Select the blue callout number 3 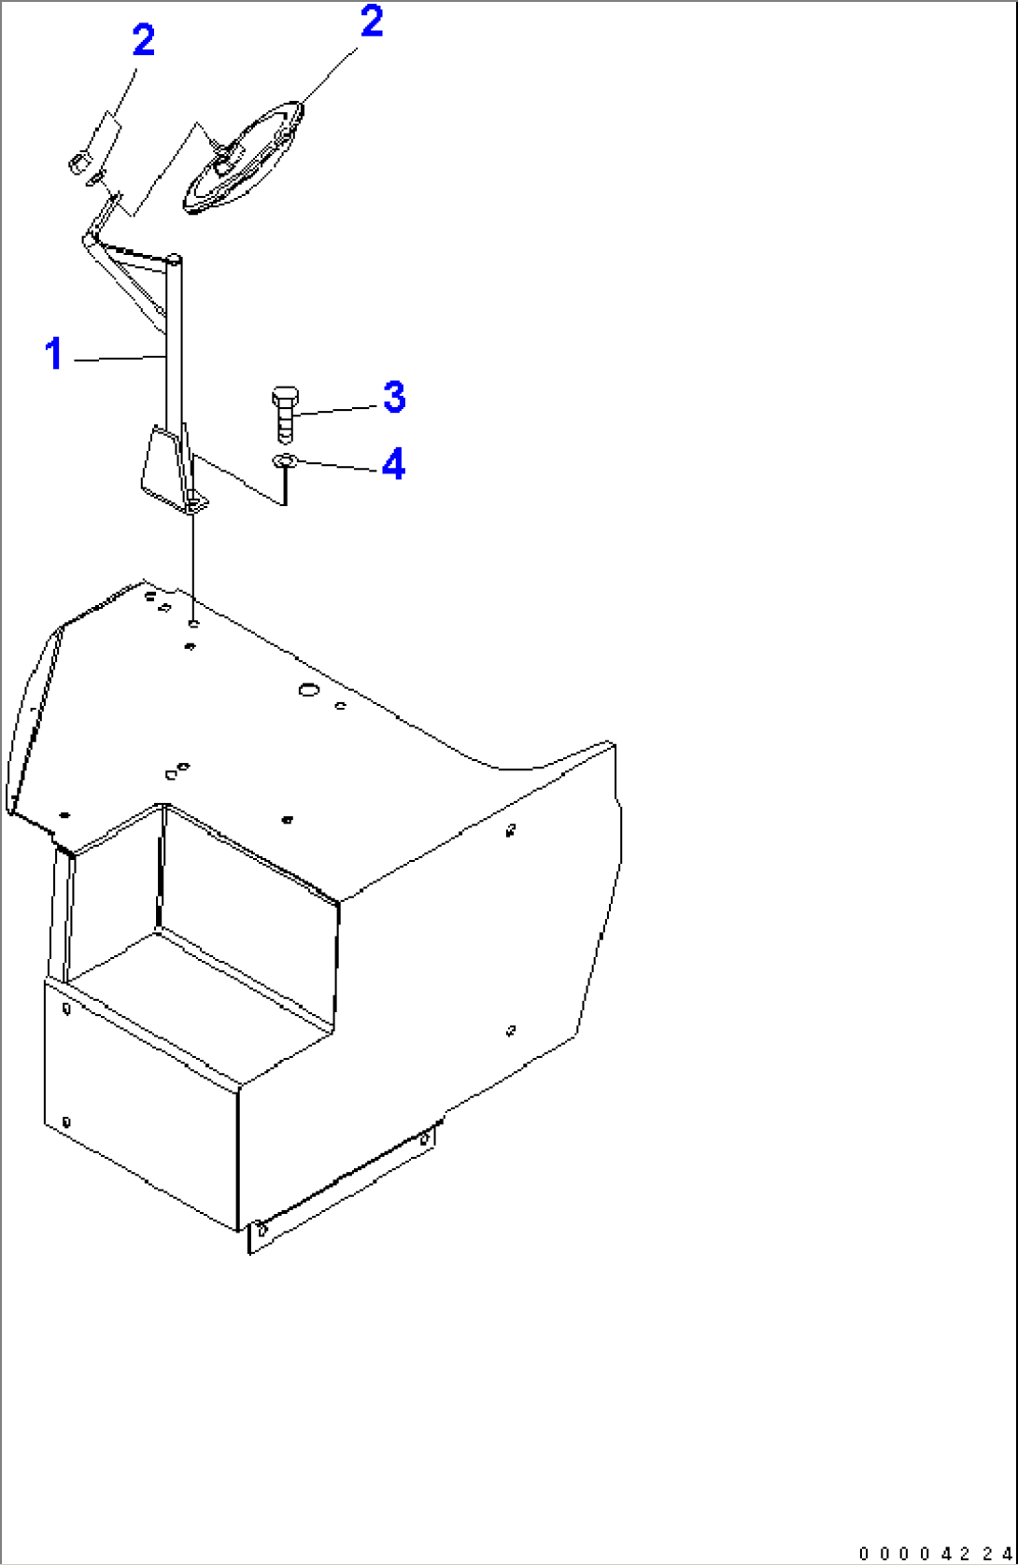click(x=395, y=397)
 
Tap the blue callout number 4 click(x=394, y=463)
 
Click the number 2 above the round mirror click(x=372, y=21)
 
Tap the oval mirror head click(x=243, y=157)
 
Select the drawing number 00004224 click(x=935, y=1554)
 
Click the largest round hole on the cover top click(x=308, y=690)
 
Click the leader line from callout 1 click(x=119, y=359)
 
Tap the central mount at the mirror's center click(x=226, y=162)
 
